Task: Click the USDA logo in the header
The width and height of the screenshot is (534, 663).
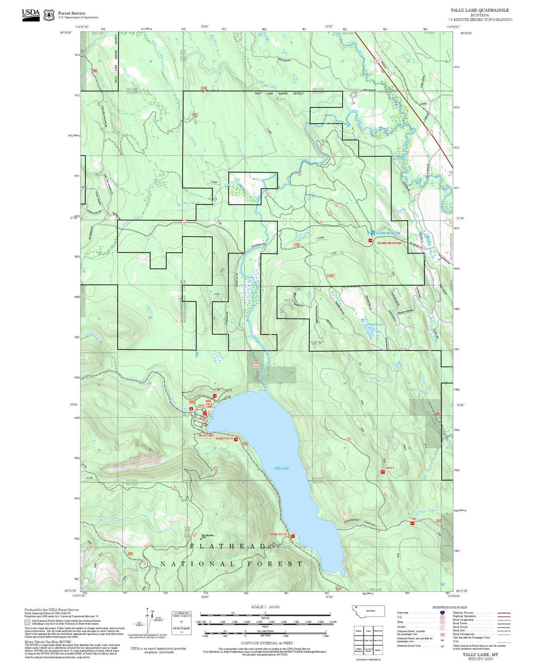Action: click(x=31, y=14)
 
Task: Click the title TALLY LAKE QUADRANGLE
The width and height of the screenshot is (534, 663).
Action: click(x=479, y=10)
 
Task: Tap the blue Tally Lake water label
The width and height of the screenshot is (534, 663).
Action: click(x=281, y=468)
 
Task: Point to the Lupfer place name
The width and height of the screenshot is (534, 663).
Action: click(x=423, y=104)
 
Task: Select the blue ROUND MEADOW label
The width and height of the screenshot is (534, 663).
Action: click(x=388, y=233)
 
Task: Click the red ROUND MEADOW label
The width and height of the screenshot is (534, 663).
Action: click(x=389, y=243)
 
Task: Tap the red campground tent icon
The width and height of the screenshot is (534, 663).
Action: click(x=191, y=409)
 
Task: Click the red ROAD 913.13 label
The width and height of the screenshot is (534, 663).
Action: click(x=224, y=439)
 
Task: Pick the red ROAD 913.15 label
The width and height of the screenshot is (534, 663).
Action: click(x=278, y=535)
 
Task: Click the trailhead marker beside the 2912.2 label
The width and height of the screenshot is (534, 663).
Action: click(x=383, y=472)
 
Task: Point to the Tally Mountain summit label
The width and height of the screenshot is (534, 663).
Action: click(x=207, y=536)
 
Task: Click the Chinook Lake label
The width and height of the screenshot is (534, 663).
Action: click(x=375, y=324)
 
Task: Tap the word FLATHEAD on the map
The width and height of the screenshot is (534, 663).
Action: click(x=228, y=546)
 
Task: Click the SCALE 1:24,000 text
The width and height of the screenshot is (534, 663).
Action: click(x=265, y=607)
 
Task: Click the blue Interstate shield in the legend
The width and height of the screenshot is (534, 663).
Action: click(x=442, y=613)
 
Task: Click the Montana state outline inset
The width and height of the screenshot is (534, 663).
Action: click(x=368, y=611)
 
